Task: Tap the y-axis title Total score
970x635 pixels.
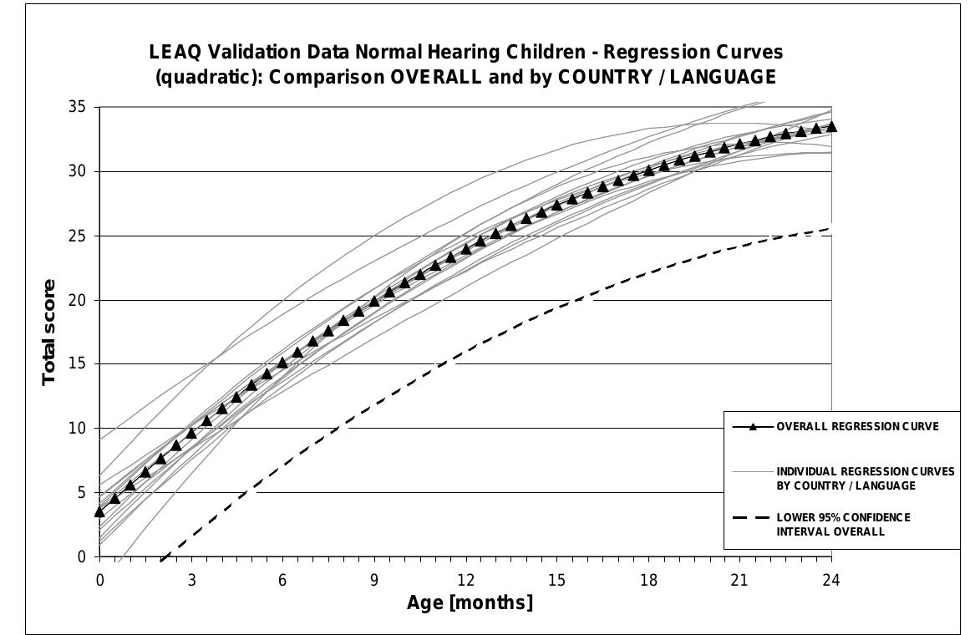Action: pyautogui.click(x=48, y=333)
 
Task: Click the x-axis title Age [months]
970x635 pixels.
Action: pyautogui.click(x=470, y=602)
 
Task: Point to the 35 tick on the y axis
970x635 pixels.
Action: pyautogui.click(x=77, y=107)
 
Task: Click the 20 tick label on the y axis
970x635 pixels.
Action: pyautogui.click(x=77, y=300)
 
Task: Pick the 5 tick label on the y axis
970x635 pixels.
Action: pyautogui.click(x=81, y=493)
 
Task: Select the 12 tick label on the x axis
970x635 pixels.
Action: pyautogui.click(x=465, y=580)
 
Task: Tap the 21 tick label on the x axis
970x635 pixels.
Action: pyautogui.click(x=740, y=580)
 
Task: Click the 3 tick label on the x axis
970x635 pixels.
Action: pyautogui.click(x=191, y=580)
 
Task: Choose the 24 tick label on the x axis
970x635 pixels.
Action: pyautogui.click(x=831, y=580)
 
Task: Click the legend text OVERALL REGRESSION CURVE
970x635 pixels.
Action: pyautogui.click(x=857, y=426)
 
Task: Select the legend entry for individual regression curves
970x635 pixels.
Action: pyautogui.click(x=866, y=479)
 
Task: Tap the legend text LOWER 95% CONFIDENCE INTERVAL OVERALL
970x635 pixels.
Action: pyautogui.click(x=843, y=524)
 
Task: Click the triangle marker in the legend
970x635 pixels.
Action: pyautogui.click(x=753, y=426)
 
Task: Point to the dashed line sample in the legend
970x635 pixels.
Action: pyautogui.click(x=752, y=517)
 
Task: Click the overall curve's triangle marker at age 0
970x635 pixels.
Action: pyautogui.click(x=99, y=511)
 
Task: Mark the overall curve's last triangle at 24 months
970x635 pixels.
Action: pyautogui.click(x=831, y=126)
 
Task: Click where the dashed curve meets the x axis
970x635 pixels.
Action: pyautogui.click(x=161, y=557)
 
